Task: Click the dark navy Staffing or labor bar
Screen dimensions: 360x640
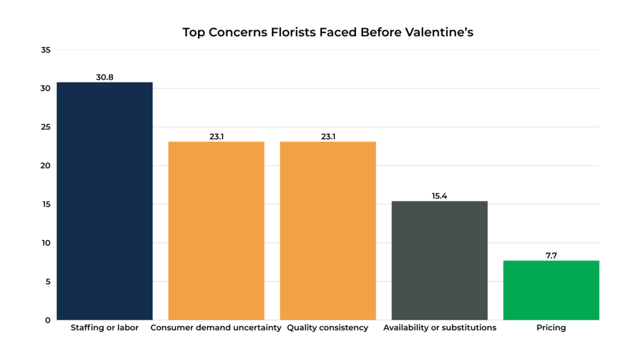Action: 104,201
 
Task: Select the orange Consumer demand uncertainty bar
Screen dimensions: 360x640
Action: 216,231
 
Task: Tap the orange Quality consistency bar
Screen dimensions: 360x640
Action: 327,231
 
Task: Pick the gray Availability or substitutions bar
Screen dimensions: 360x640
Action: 439,260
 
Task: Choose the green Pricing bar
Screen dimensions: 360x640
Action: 551,290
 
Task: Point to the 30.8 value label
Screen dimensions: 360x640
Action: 104,77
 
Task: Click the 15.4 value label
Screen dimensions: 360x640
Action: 439,196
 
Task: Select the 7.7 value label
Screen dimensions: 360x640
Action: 551,256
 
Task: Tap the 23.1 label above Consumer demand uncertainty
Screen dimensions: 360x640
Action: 216,136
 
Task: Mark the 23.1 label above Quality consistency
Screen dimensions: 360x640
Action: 327,136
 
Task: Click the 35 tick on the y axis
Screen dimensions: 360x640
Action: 45,50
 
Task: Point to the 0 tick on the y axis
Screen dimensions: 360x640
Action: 47,320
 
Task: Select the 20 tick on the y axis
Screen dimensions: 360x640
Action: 45,166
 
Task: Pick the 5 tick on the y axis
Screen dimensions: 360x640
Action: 47,281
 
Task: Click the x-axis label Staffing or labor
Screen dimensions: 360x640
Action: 104,327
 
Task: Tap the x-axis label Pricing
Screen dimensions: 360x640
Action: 551,327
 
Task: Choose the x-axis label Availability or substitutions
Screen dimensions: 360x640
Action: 439,327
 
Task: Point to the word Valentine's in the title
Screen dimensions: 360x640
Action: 440,32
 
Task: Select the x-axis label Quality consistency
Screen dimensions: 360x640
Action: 327,327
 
